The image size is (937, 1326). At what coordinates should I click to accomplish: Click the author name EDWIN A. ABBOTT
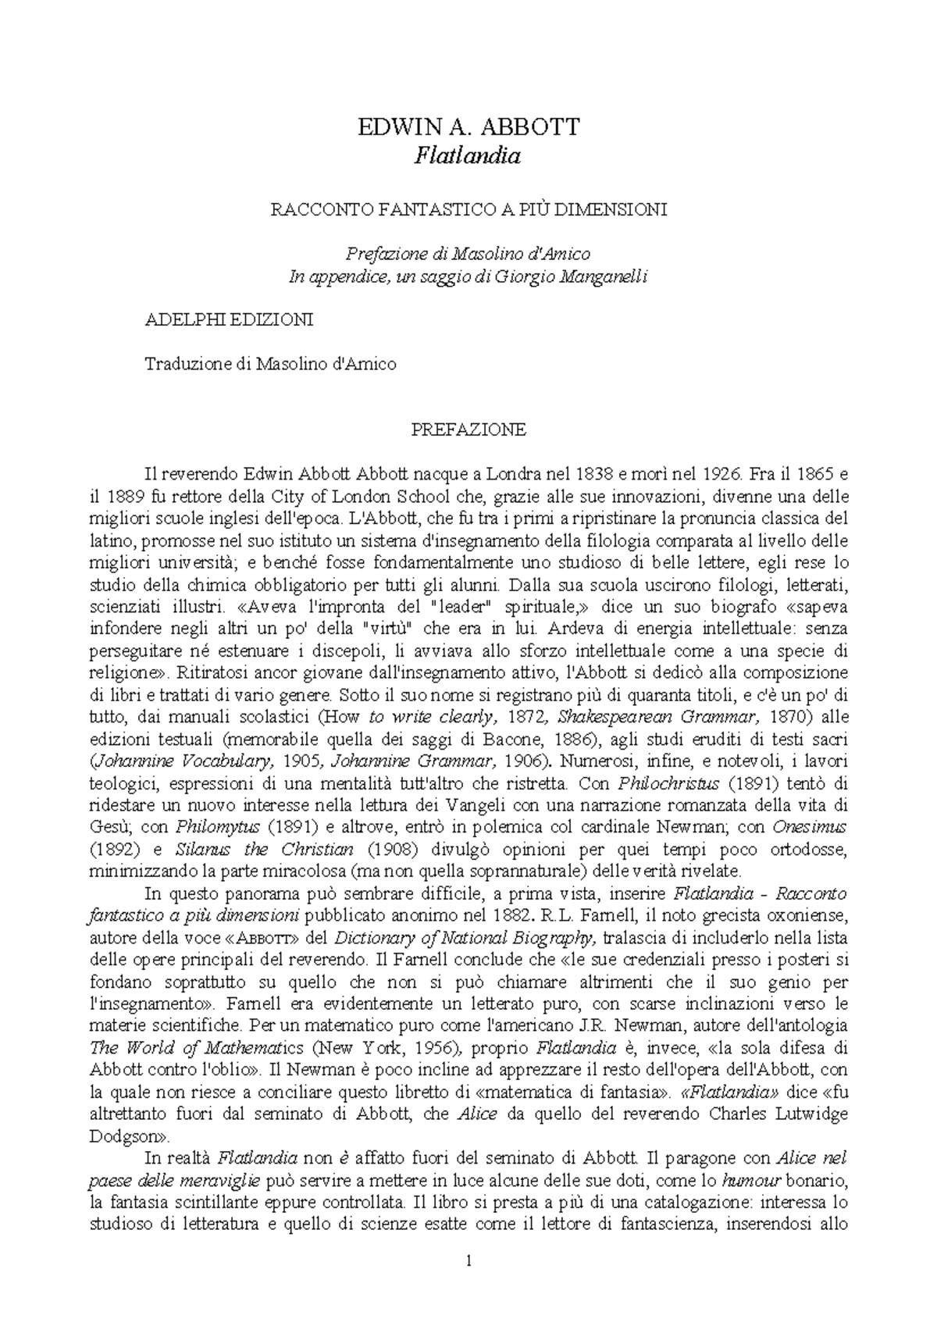click(x=468, y=127)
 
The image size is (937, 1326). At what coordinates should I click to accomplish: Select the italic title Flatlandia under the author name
click(x=468, y=156)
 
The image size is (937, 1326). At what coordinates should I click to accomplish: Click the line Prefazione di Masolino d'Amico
click(x=468, y=254)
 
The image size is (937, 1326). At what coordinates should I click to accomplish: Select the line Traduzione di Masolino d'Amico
click(x=271, y=364)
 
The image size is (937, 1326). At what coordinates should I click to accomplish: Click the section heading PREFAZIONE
click(x=468, y=430)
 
